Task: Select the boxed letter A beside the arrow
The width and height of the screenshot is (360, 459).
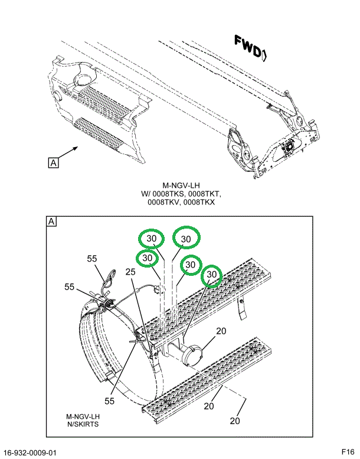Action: point(53,163)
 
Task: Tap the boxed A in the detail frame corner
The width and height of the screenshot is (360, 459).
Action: point(52,222)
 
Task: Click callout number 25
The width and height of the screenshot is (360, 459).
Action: point(130,272)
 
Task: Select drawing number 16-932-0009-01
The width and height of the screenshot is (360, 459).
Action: point(30,453)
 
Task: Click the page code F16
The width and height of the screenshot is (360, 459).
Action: point(348,453)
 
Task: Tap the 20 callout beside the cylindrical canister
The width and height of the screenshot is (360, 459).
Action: point(221,331)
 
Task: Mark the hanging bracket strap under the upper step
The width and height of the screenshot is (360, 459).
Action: point(241,309)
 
